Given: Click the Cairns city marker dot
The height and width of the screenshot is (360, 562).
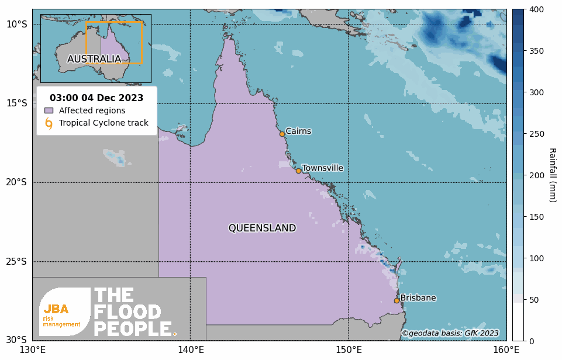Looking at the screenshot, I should point(282,134).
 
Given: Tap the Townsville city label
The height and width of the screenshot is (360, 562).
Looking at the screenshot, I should point(322,168).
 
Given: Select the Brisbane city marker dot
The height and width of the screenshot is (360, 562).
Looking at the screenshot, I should point(396,300).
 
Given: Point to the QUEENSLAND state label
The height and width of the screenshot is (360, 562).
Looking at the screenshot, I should point(262,228).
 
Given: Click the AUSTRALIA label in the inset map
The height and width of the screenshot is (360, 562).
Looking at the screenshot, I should point(94,59).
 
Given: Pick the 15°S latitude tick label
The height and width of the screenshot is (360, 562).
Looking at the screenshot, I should point(16,103).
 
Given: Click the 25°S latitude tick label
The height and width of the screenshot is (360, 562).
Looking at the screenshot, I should point(16,261).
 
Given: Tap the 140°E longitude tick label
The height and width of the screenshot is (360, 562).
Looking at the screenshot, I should point(191,350).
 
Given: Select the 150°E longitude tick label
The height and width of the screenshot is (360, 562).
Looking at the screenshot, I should point(349,350).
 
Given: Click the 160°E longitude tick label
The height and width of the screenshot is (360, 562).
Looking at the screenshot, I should point(506,350).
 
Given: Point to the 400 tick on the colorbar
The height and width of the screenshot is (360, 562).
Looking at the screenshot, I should point(537,9).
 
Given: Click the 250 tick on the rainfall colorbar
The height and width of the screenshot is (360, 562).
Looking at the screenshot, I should point(537,134).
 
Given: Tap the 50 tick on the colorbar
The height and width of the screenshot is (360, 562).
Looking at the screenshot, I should point(535,300).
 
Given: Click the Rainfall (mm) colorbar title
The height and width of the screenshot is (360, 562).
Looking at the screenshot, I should point(552,175).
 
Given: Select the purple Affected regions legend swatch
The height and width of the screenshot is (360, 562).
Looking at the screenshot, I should point(49,110).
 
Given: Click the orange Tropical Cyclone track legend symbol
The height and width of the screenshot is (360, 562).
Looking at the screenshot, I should point(49,123).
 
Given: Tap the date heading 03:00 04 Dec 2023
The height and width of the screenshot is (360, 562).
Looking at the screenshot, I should point(96,98).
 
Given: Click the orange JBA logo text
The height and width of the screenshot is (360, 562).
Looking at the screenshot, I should point(56,309).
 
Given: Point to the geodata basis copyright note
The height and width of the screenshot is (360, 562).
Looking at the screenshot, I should point(450,333).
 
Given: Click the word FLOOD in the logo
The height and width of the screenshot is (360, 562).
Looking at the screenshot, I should point(127,313).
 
